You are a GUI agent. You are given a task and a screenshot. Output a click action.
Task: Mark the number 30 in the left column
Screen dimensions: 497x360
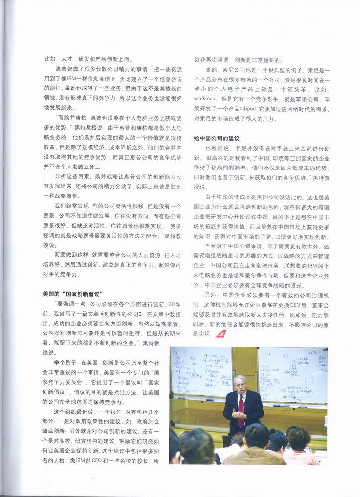pyautogui.click(x=158, y=304)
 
